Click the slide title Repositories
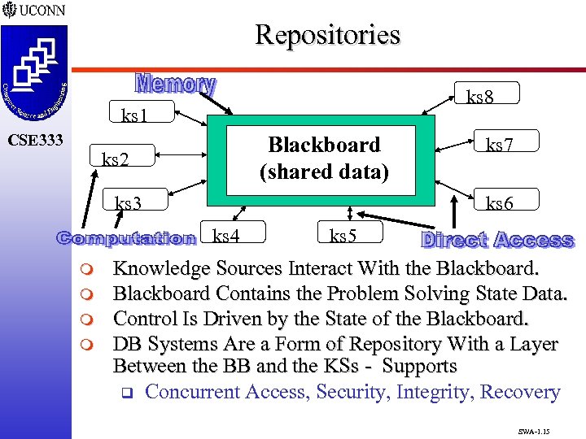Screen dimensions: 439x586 click(327, 35)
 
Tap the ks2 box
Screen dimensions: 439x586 click(115, 159)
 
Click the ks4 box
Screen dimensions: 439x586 click(225, 237)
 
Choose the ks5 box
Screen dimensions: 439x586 click(343, 237)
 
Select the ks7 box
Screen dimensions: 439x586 click(499, 145)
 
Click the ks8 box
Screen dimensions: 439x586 click(479, 98)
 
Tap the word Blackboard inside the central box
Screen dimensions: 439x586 click(324, 145)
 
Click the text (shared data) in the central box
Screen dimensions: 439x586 click(324, 172)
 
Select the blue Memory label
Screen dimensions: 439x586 click(175, 85)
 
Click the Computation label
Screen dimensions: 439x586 click(126, 238)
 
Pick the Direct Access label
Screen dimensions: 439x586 click(497, 240)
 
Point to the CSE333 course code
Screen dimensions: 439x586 click(34, 140)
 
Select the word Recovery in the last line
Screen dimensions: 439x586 click(520, 392)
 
